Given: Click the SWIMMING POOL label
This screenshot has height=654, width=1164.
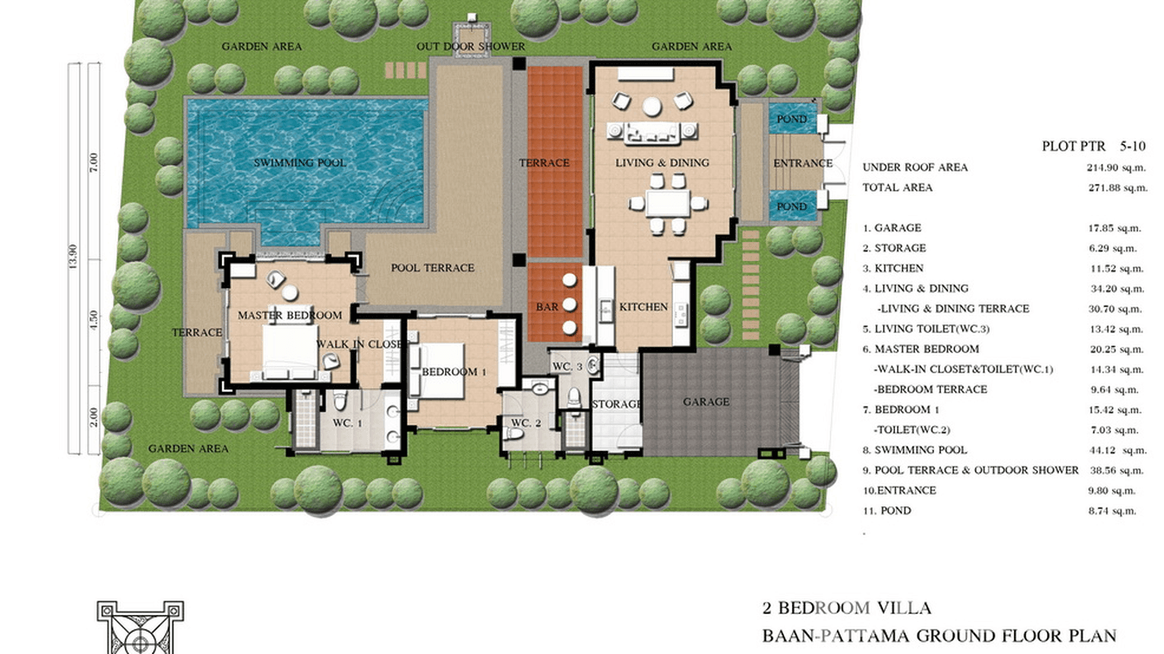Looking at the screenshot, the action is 300,163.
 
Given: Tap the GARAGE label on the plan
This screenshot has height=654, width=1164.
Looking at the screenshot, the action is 706,402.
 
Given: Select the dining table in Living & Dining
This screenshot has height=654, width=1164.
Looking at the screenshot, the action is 668,203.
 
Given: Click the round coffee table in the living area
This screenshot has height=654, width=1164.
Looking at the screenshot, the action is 651,107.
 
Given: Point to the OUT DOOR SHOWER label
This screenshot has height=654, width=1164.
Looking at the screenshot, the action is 471,47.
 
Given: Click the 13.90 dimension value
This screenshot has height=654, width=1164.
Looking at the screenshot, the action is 73,257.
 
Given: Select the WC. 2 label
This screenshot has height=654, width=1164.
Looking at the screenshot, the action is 526,423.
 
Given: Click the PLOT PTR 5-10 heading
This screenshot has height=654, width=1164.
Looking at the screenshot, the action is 1094,147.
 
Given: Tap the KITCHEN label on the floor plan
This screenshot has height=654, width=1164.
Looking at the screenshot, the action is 644,307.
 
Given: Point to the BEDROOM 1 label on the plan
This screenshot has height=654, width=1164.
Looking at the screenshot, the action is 454,372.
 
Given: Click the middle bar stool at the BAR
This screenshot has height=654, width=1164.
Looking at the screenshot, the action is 570,304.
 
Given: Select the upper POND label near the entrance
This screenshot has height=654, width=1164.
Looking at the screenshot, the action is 792,119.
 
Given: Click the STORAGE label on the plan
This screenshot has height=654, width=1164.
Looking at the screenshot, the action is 617,404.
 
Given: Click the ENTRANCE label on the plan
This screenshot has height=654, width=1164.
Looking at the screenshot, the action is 803,164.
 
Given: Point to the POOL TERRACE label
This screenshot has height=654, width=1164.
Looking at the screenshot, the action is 433,268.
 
